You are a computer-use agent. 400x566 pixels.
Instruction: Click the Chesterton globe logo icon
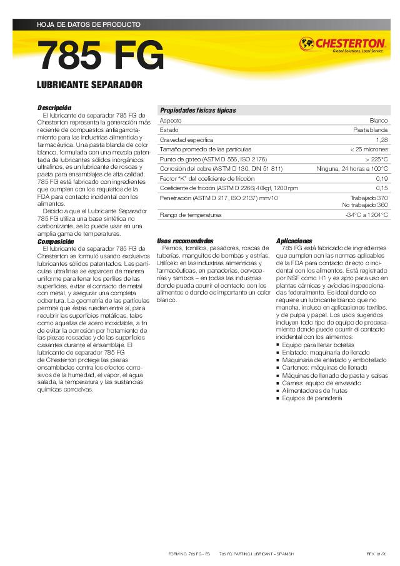(306, 43)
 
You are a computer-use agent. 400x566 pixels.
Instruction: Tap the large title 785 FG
(101, 57)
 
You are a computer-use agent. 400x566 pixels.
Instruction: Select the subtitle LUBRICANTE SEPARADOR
(90, 84)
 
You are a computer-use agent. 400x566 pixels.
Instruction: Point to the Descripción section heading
(54, 108)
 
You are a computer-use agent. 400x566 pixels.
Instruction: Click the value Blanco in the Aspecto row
(379, 120)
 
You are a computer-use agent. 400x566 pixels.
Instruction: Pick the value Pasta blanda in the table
(371, 130)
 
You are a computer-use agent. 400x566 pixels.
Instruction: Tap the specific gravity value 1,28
(382, 140)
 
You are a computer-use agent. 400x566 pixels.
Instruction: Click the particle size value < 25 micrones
(369, 149)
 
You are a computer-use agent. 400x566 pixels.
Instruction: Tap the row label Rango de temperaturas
(191, 215)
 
